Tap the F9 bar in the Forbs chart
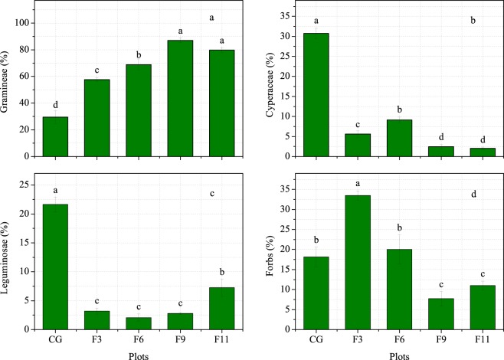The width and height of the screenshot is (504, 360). tap(440, 314)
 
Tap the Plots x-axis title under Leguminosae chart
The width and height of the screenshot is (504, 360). tap(139, 354)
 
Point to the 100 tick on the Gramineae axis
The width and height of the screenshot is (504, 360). tap(25, 23)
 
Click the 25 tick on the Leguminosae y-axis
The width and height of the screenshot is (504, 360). tap(28, 185)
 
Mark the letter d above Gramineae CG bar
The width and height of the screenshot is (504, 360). tap(55, 105)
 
